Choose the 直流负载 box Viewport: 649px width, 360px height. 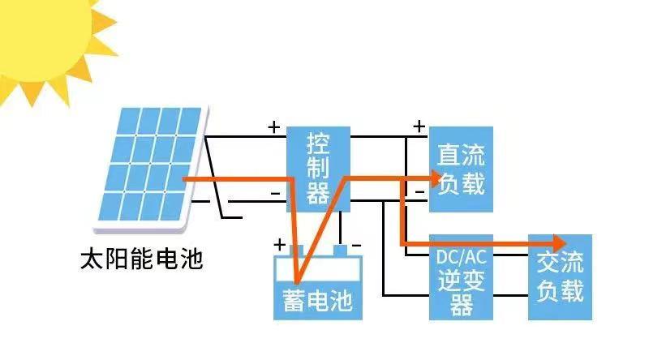tap(460, 169)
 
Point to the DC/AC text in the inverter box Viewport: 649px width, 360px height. tap(460, 257)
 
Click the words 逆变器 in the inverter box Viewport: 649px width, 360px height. tap(460, 292)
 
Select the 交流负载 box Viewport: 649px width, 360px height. tap(560, 276)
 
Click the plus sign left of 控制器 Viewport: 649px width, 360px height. tap(274, 127)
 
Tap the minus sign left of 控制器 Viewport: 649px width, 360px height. tap(275, 193)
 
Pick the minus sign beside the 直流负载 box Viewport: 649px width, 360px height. tap(419, 192)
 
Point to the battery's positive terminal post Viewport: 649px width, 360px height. tap(298, 250)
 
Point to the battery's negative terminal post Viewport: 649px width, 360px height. tap(341, 250)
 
